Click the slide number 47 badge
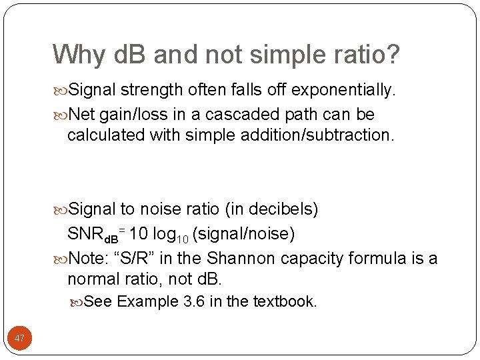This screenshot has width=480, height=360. [19, 338]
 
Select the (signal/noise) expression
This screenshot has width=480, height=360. [243, 235]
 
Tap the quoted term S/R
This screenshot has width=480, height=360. [137, 259]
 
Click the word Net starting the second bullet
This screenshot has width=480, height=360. [82, 115]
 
